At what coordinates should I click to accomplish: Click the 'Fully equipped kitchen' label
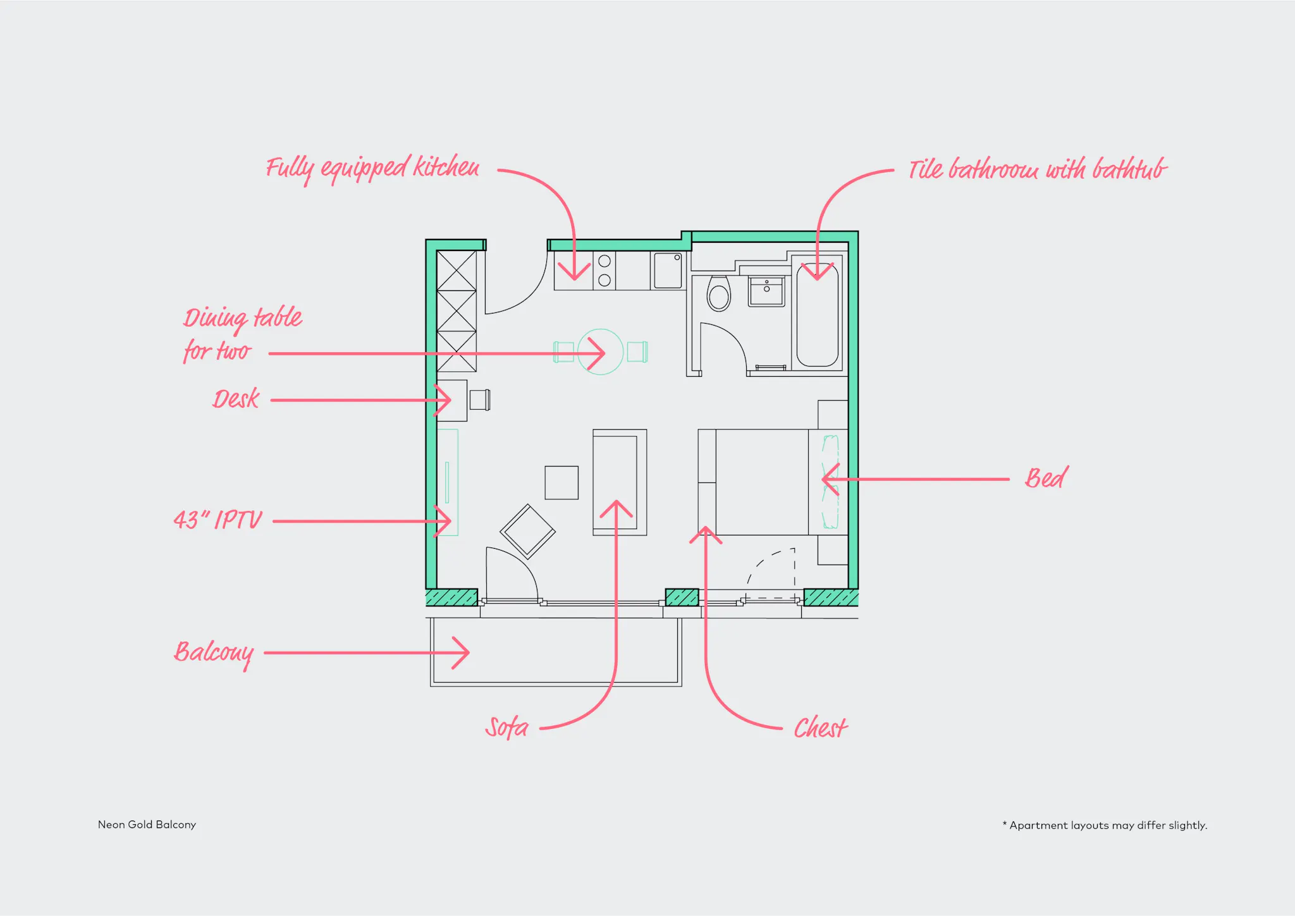372,168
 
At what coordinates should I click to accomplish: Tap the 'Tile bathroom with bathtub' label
1037,169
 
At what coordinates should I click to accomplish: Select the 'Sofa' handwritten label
506,727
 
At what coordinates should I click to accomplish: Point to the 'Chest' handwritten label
820,728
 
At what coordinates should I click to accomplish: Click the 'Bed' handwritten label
1046,478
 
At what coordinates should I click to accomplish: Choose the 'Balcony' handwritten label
214,652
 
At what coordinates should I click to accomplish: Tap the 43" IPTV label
218,520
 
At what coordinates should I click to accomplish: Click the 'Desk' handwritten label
236,399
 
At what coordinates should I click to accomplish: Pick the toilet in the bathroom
718,294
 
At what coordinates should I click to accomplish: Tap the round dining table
600,352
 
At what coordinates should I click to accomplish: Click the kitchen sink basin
667,270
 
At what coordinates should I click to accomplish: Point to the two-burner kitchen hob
604,271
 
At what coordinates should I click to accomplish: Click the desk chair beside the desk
479,400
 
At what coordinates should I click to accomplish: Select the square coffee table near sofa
562,482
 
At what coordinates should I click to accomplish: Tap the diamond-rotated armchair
527,531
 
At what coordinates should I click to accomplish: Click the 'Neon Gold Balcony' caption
147,824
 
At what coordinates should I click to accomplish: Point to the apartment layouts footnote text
1105,825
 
